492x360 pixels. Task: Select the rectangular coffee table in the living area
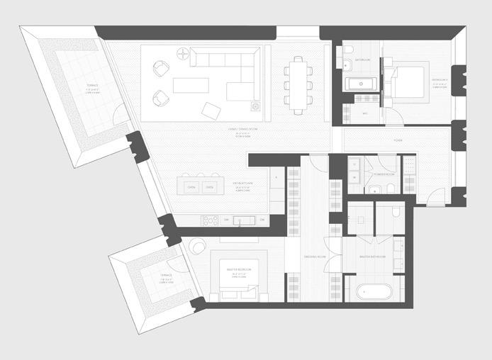coord(191,86)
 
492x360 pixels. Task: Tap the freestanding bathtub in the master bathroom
coord(372,291)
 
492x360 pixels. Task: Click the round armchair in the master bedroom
coord(195,247)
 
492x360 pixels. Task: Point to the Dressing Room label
coord(314,256)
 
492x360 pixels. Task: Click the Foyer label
coord(398,140)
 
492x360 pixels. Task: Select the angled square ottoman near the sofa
coord(211,110)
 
